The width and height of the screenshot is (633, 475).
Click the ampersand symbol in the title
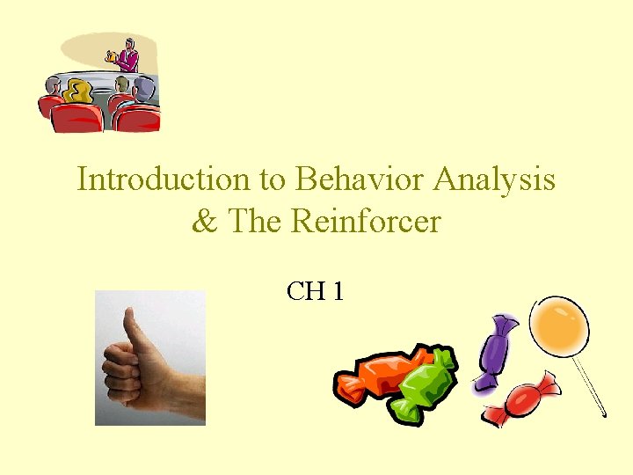pyautogui.click(x=204, y=221)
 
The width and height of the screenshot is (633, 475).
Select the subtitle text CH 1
pyautogui.click(x=315, y=290)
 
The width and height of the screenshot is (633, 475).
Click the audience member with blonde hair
pyautogui.click(x=79, y=91)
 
